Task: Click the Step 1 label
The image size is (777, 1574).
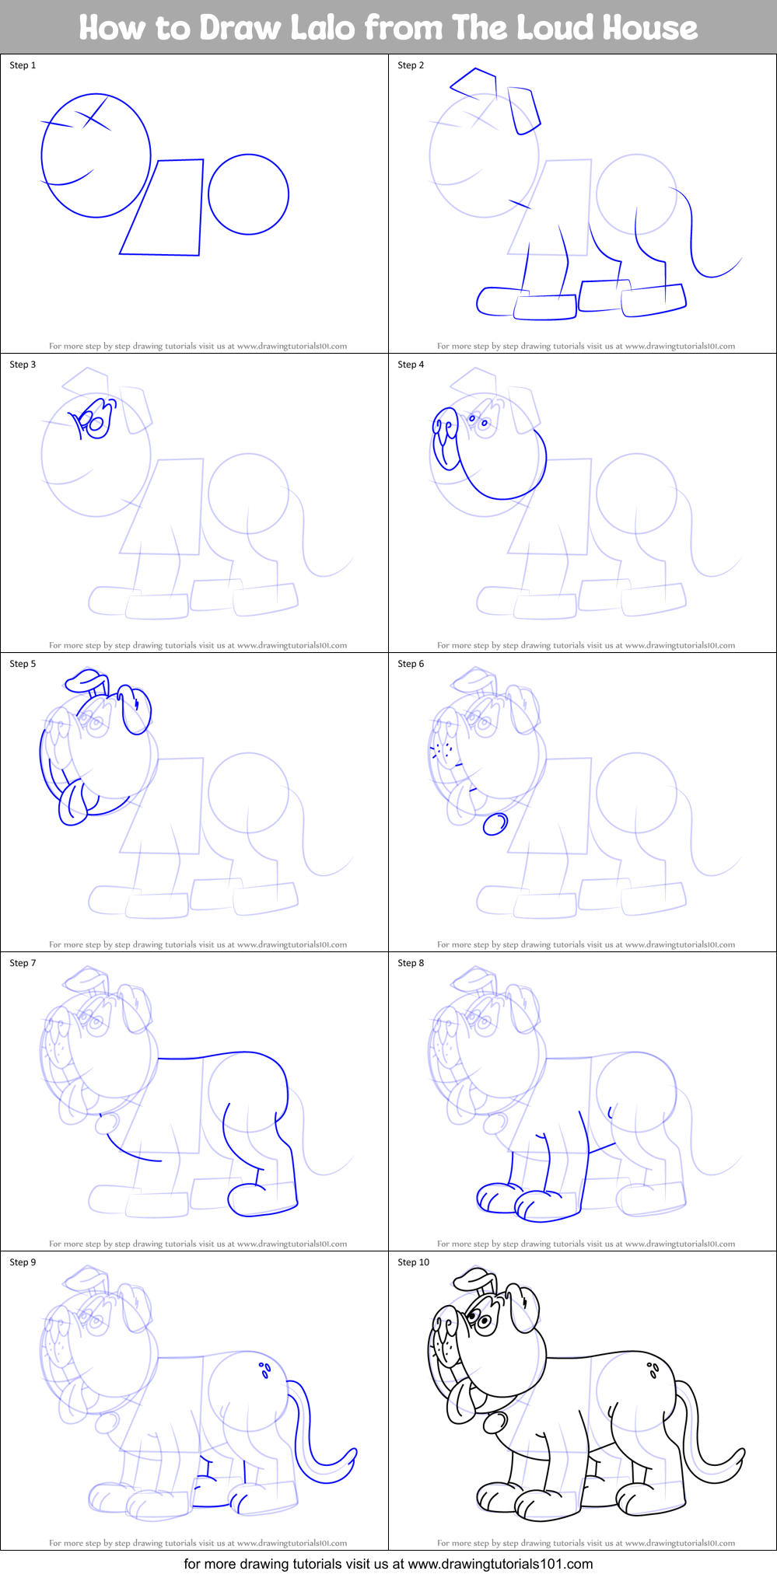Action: pyautogui.click(x=23, y=65)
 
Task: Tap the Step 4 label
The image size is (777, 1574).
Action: pyautogui.click(x=411, y=365)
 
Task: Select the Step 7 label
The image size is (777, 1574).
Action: pyautogui.click(x=23, y=963)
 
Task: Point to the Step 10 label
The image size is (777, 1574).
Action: pyautogui.click(x=413, y=1262)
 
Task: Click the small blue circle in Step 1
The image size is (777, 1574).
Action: pyautogui.click(x=248, y=194)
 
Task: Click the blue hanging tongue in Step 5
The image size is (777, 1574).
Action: pyautogui.click(x=72, y=804)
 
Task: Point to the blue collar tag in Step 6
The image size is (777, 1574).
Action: pyautogui.click(x=495, y=823)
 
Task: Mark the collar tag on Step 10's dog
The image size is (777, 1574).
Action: pyautogui.click(x=494, y=1422)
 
